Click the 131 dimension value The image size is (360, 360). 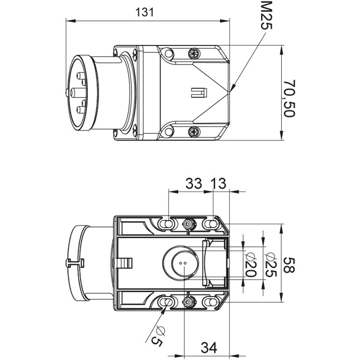pos(145,12)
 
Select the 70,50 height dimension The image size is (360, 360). pos(289,99)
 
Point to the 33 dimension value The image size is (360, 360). pos(194,184)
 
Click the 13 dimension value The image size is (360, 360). pos(219,184)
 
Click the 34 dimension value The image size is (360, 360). pos(209,347)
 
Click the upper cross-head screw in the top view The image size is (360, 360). pos(194,54)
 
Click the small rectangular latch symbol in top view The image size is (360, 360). pos(199,93)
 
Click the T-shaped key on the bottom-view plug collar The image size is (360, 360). pos(75,263)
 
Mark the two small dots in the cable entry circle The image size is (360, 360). pos(182,263)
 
